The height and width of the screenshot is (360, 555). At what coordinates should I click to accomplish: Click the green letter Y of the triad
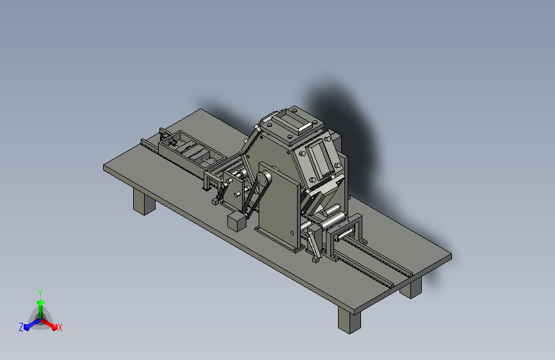[x=40, y=293]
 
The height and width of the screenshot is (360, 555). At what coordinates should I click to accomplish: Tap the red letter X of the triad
[x=60, y=327]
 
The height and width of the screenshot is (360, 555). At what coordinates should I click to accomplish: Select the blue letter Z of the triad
[x=21, y=327]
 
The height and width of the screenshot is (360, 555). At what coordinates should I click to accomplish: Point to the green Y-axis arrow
[x=41, y=309]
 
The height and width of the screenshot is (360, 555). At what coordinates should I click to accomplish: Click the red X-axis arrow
[x=49, y=324]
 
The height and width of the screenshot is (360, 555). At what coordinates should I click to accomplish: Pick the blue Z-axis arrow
[x=32, y=324]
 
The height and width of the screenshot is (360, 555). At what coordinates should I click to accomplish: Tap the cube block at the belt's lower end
[x=236, y=222]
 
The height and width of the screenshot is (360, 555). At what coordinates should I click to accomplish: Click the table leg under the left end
[x=143, y=202]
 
